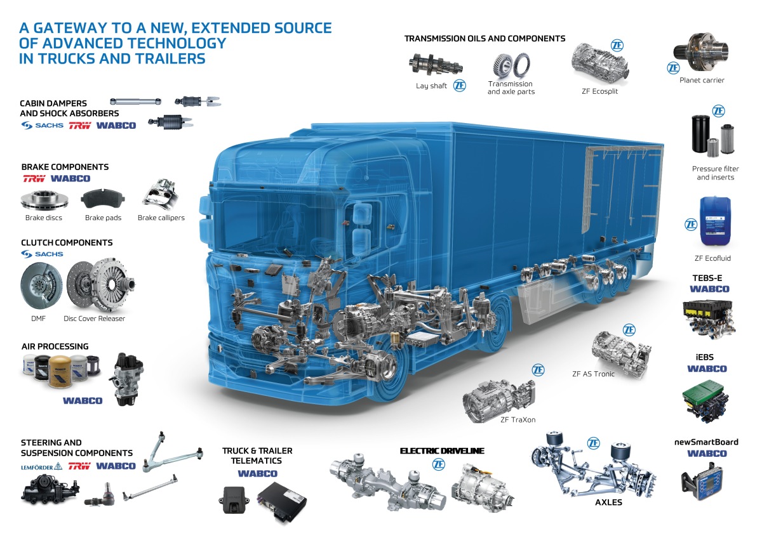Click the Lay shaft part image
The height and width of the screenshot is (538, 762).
pos(436,64)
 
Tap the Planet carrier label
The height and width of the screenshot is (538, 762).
pos(702,80)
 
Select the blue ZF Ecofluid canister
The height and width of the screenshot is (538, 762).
pos(715,221)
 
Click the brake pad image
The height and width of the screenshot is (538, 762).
pos(103,199)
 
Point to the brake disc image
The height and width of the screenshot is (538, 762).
pos(44,200)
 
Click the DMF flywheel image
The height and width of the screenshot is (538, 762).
pos(41,285)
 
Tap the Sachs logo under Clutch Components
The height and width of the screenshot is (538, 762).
pos(42,254)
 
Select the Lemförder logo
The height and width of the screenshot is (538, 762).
pos(41,467)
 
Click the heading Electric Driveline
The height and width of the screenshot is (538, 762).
pos(442,450)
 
